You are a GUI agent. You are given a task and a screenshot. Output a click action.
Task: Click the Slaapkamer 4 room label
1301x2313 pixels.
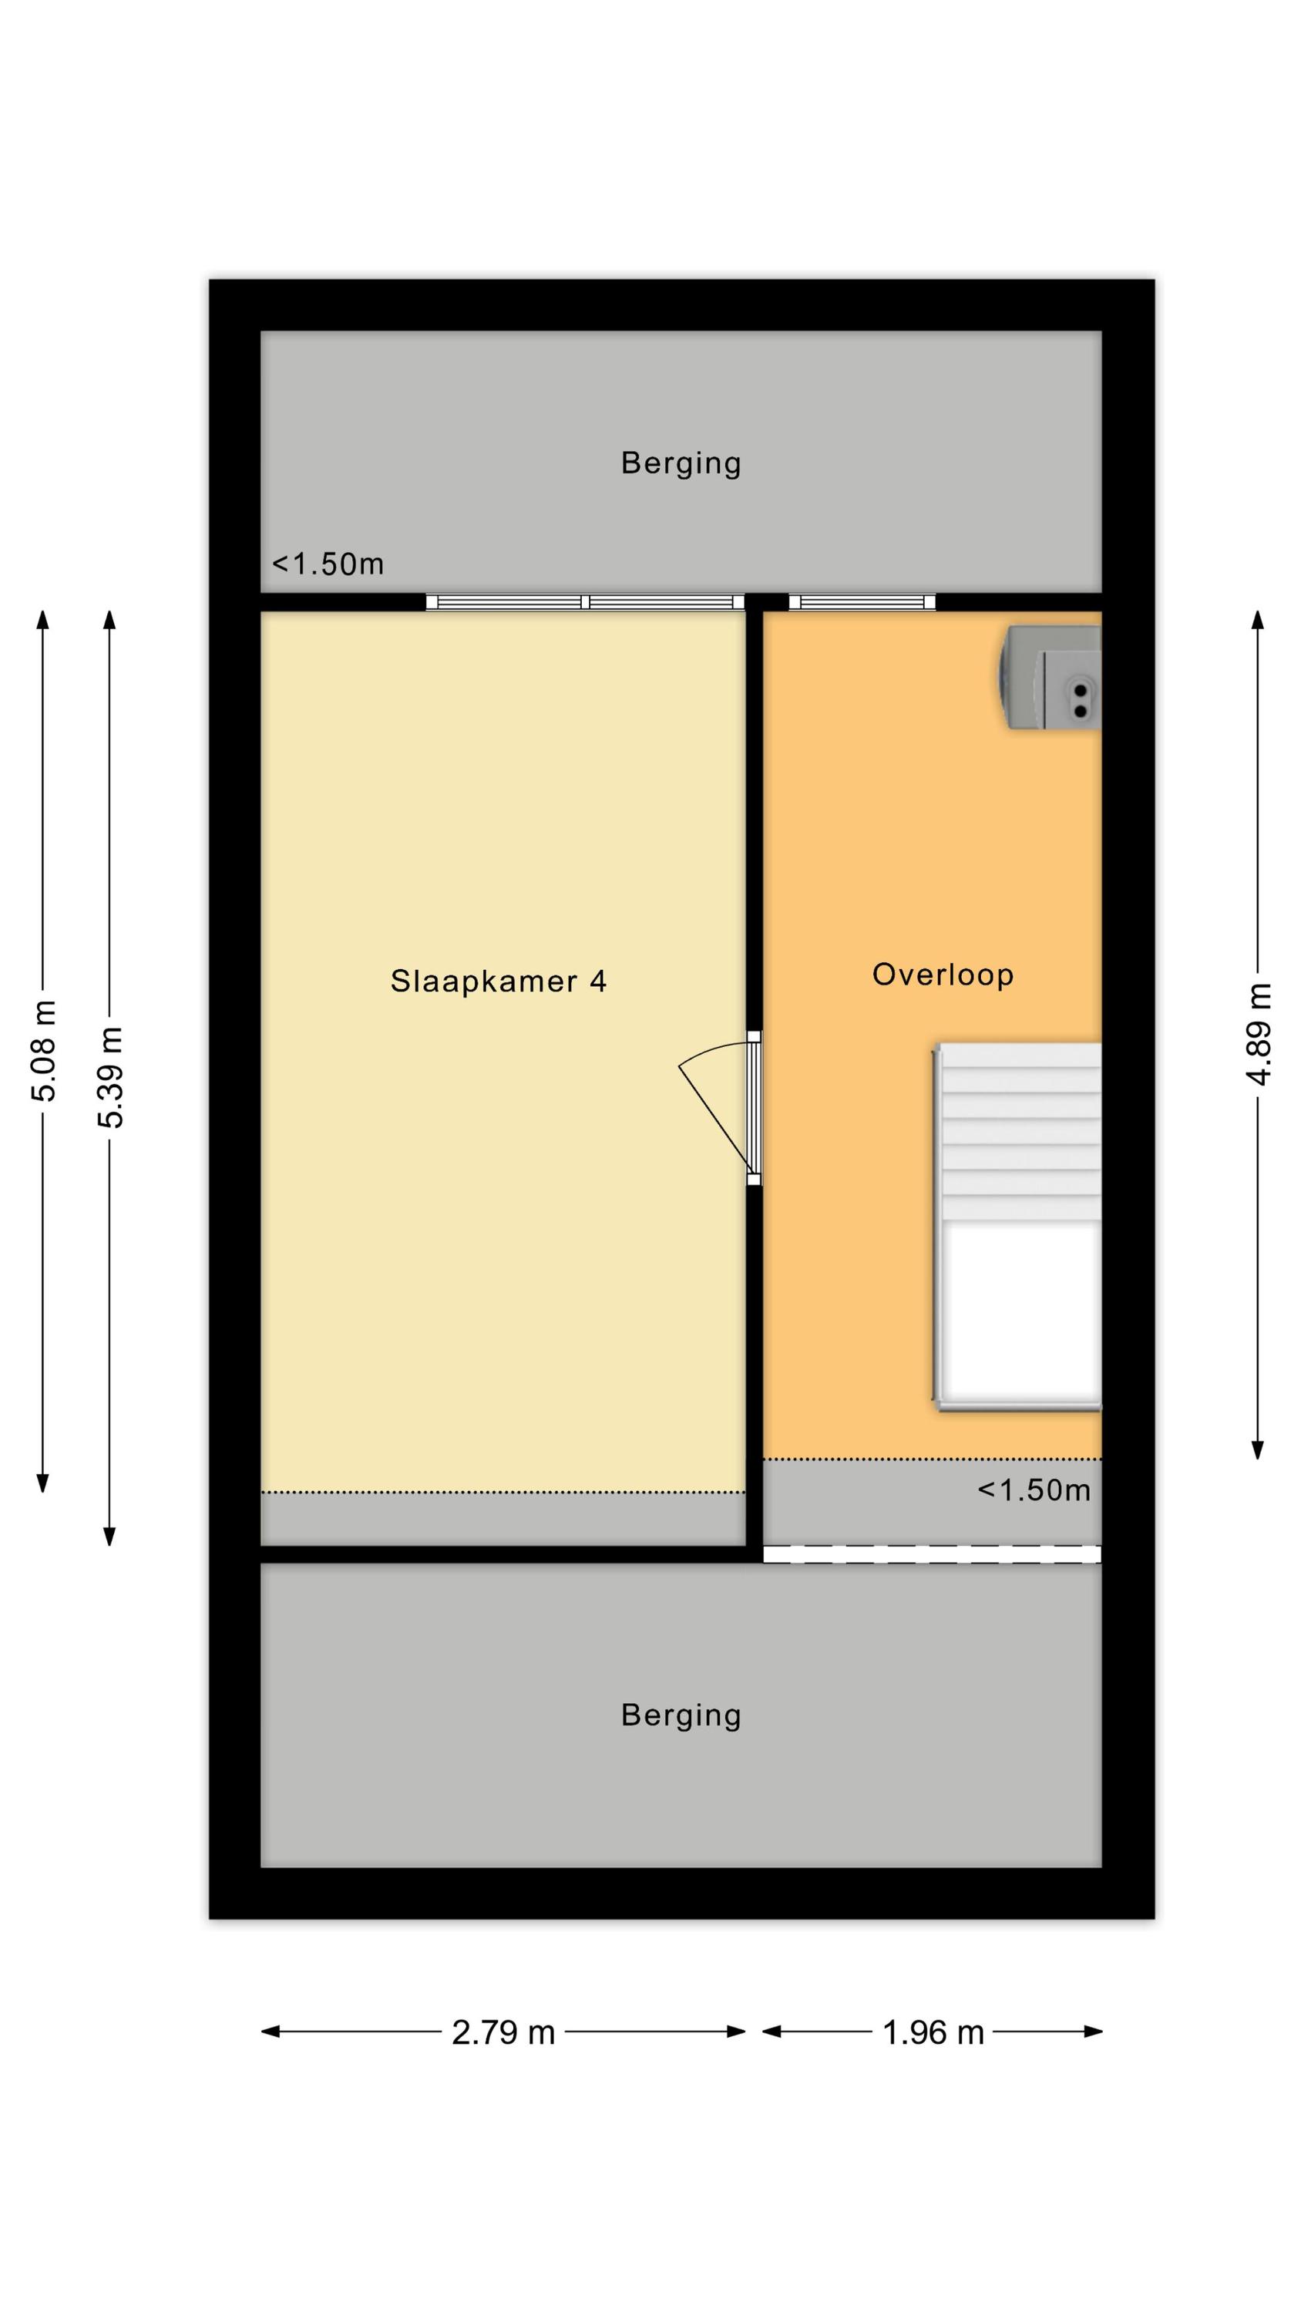(x=499, y=981)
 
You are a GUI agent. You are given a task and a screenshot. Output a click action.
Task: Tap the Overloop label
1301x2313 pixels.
(x=943, y=975)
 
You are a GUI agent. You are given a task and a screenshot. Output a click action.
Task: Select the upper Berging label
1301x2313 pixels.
(x=681, y=463)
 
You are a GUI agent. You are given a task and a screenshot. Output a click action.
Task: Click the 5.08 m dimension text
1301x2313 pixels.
(x=43, y=1051)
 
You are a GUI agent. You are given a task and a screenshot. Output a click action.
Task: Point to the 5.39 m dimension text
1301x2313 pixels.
(x=110, y=1078)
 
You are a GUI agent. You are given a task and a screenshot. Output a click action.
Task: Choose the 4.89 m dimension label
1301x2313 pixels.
(x=1259, y=1035)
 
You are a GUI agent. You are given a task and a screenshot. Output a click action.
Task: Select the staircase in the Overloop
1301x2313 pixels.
(x=1017, y=1227)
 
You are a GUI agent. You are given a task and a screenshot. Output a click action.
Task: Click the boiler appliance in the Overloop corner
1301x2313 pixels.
(x=1051, y=678)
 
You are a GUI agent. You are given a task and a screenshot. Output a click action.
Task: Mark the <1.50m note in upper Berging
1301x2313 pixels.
(x=328, y=564)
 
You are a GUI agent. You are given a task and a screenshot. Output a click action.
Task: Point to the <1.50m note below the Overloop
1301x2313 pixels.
(x=1034, y=1490)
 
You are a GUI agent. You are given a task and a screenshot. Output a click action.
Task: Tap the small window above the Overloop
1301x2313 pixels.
(x=862, y=602)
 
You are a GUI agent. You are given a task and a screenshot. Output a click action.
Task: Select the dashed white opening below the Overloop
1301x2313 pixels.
(x=932, y=1554)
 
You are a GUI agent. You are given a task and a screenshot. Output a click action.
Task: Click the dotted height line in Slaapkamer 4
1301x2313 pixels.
(x=503, y=1493)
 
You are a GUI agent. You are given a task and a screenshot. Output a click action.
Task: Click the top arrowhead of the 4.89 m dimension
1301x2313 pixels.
(x=1258, y=620)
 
